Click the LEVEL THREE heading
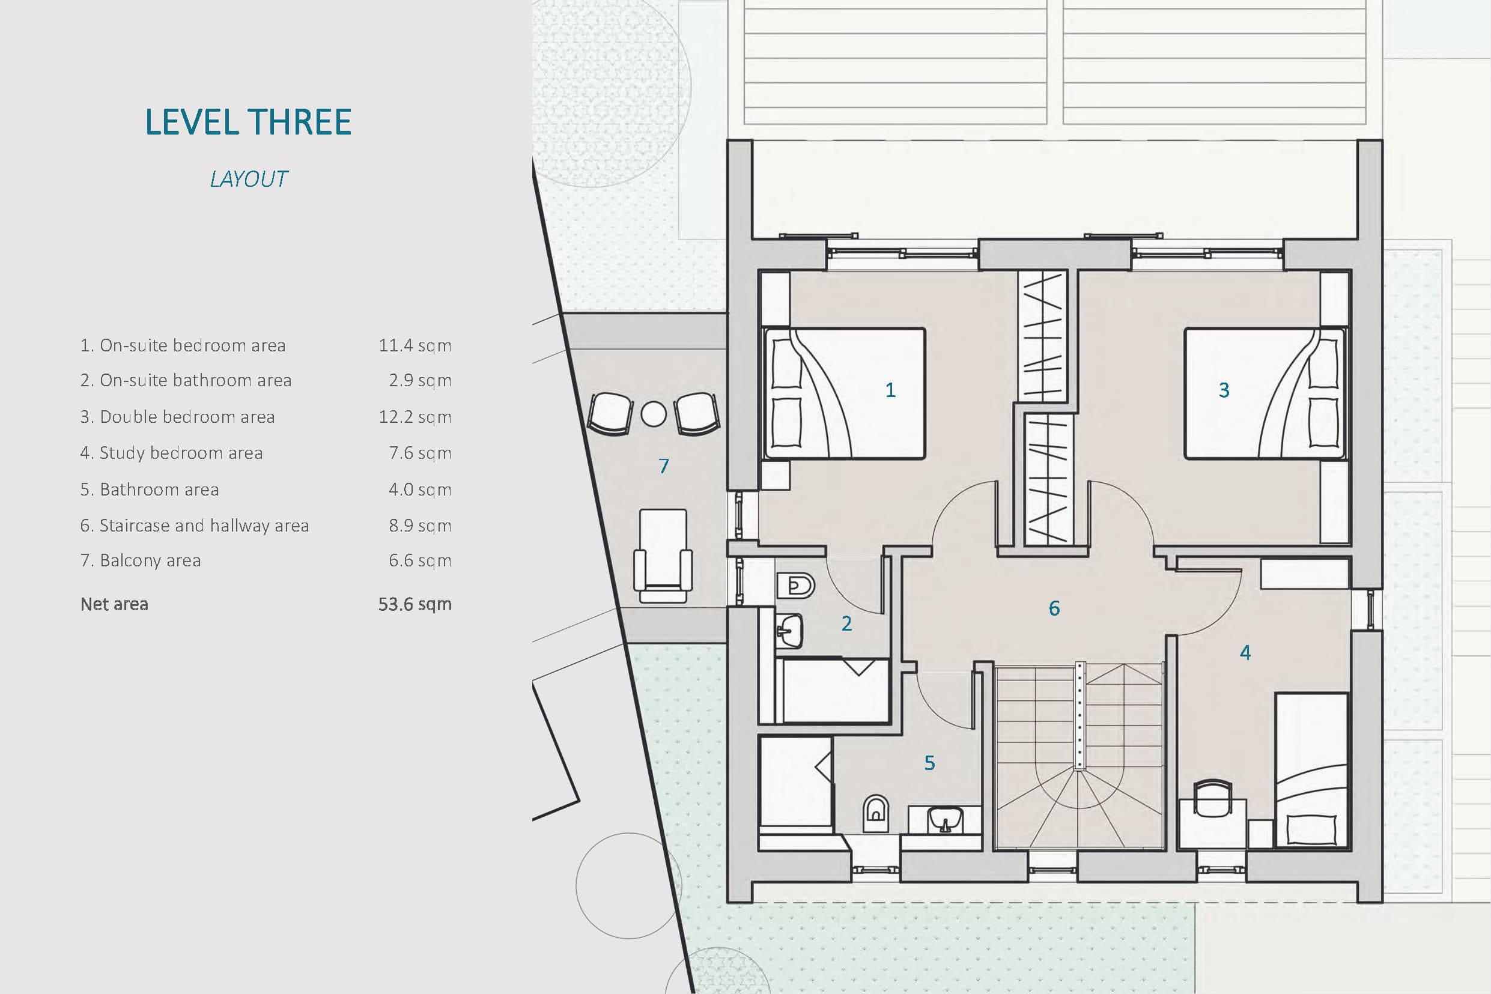pyautogui.click(x=248, y=122)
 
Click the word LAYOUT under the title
pyautogui.click(x=249, y=180)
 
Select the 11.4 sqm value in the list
pyautogui.click(x=415, y=345)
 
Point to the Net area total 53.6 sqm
pyautogui.click(x=415, y=604)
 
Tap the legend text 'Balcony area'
pyautogui.click(x=150, y=560)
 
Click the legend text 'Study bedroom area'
pyautogui.click(x=181, y=453)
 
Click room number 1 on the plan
pyautogui.click(x=891, y=390)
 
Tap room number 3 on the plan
pyautogui.click(x=1224, y=390)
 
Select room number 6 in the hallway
pyautogui.click(x=1054, y=608)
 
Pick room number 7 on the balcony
pyautogui.click(x=664, y=466)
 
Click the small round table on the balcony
pyautogui.click(x=654, y=414)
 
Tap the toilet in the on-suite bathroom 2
pyautogui.click(x=795, y=585)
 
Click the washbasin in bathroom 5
pyautogui.click(x=945, y=820)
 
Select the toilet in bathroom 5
pyautogui.click(x=876, y=813)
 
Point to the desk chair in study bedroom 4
pyautogui.click(x=1213, y=798)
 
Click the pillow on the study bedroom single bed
pyautogui.click(x=1311, y=829)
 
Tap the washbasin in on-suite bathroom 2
pyautogui.click(x=789, y=630)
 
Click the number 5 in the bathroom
pyautogui.click(x=929, y=763)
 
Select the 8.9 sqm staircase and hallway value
pyautogui.click(x=420, y=526)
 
